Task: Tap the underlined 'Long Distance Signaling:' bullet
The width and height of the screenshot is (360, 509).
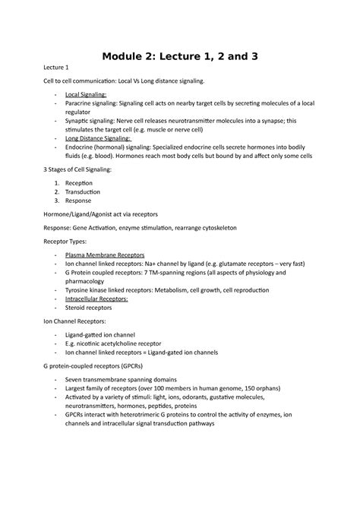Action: [x=99, y=137]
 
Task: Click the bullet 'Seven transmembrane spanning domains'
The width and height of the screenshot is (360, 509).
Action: [x=121, y=379]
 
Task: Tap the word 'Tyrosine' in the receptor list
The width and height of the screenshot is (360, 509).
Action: [x=81, y=289]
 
